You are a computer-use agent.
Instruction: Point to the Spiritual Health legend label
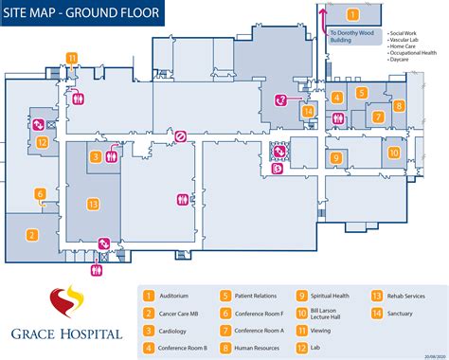point(334,295)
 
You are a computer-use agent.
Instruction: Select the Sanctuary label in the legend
point(404,313)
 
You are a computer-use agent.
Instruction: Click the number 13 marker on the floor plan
point(93,204)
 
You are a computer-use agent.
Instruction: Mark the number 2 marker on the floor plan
point(31,235)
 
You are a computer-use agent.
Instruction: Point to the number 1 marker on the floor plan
point(351,14)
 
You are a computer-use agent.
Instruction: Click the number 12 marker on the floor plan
point(43,142)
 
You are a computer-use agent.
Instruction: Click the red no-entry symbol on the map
point(180,136)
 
